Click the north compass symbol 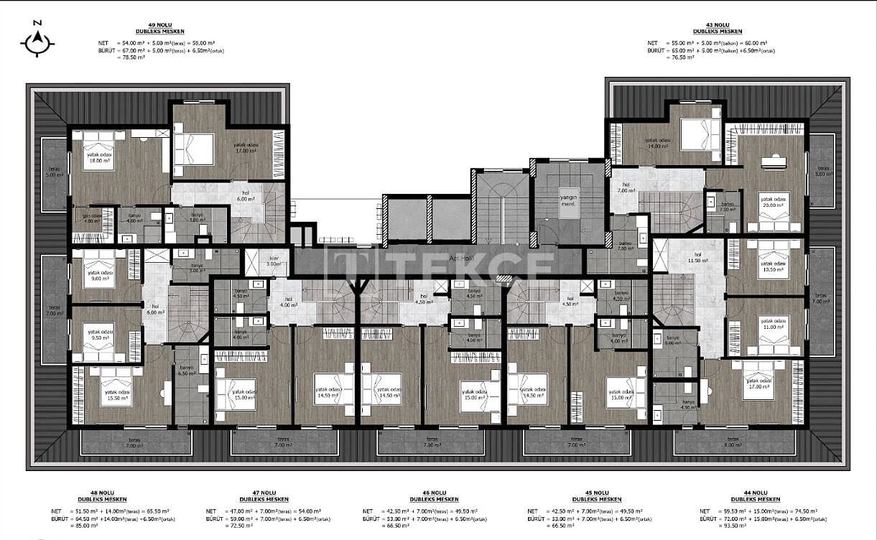pyautogui.click(x=37, y=42)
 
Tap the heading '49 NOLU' pyautogui.click(x=160, y=24)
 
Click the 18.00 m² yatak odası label pyautogui.click(x=100, y=159)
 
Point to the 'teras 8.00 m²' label pyautogui.click(x=733, y=442)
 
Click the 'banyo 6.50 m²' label pyautogui.click(x=186, y=371)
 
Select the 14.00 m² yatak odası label pyautogui.click(x=657, y=143)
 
